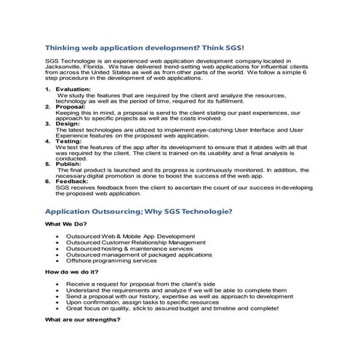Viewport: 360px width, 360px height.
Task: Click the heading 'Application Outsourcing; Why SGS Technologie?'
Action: click(138, 211)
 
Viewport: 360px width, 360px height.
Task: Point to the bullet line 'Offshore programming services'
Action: click(111, 260)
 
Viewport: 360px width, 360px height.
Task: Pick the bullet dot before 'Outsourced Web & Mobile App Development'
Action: click(56, 237)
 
